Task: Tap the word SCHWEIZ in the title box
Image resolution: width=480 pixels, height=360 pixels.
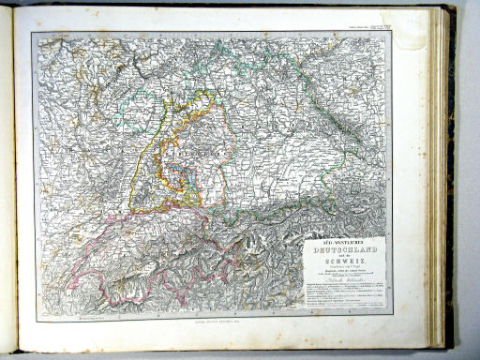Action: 343,262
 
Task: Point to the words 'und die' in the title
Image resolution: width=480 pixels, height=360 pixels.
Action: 343,256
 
